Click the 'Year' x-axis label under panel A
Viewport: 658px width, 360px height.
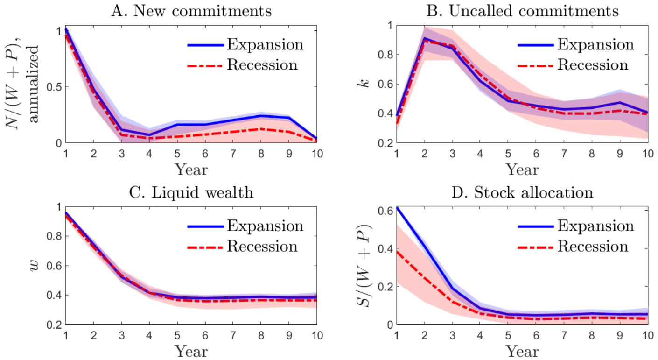191,169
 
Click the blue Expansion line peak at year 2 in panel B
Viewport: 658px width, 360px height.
425,38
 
